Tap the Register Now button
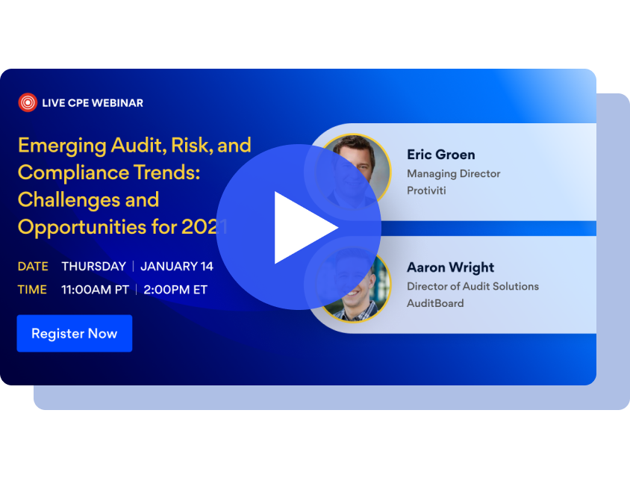click(75, 333)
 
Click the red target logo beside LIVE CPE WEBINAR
click(28, 102)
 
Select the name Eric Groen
click(440, 155)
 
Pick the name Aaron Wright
click(450, 267)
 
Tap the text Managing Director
click(453, 173)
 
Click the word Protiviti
click(425, 190)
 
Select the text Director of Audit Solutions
click(472, 286)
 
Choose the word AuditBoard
click(435, 303)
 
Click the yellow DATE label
click(32, 267)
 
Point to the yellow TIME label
click(32, 290)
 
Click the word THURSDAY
click(93, 267)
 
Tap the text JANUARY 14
click(176, 267)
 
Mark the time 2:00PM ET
click(175, 290)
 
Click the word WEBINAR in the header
click(116, 102)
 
